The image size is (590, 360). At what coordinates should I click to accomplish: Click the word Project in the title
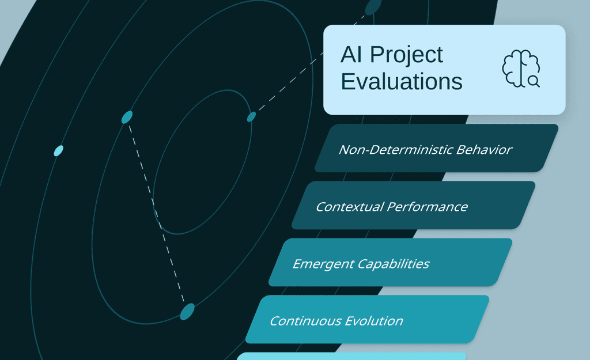[407, 55]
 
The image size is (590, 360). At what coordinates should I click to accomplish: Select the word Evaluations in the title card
[402, 82]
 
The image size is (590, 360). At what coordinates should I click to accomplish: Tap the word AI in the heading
[353, 55]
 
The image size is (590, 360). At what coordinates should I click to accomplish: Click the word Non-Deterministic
[396, 150]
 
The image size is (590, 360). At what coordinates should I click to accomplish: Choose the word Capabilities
[394, 264]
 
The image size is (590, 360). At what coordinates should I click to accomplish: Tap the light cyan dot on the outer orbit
[58, 151]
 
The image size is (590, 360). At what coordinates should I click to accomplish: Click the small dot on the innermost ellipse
[251, 117]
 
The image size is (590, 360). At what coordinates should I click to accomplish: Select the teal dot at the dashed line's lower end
[187, 312]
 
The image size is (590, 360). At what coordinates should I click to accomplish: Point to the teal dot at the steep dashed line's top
[127, 117]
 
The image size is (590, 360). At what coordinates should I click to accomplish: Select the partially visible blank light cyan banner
[351, 356]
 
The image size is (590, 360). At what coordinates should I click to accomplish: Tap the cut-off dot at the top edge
[373, 6]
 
